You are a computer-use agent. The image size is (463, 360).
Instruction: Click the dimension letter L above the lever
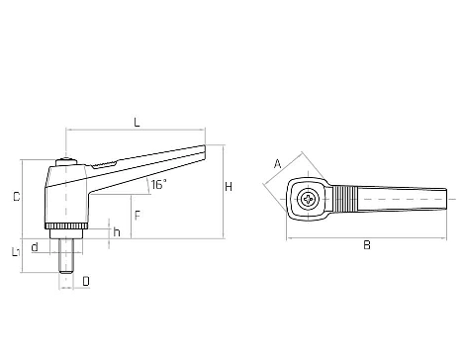click(137, 123)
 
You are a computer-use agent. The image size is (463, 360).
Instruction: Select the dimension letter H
click(229, 187)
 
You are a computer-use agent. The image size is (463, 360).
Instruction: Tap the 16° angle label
click(159, 184)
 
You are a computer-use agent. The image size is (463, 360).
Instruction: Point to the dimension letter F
click(138, 216)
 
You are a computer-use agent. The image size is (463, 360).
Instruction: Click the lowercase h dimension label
click(117, 232)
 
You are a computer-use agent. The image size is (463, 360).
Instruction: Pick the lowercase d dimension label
click(35, 247)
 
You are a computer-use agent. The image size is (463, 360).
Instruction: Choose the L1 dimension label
click(16, 252)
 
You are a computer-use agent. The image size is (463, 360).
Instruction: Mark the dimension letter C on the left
click(16, 197)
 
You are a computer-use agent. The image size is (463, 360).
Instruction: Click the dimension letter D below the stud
click(86, 281)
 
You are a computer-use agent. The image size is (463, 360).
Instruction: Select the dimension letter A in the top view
click(278, 163)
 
